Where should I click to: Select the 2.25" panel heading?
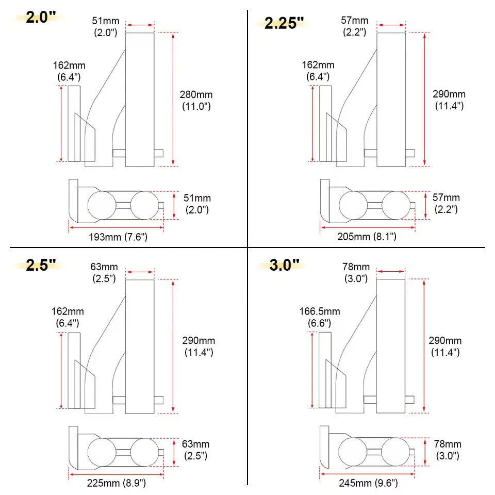[x=284, y=23]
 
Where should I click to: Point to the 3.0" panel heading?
[x=284, y=265]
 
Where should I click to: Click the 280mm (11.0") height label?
[x=196, y=101]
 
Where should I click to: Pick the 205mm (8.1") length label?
[x=367, y=237]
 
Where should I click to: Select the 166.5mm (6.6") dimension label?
[x=320, y=317]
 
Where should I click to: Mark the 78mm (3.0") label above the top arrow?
[x=356, y=272]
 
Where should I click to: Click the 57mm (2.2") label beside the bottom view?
[x=445, y=204]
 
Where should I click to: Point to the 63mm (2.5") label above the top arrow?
[x=105, y=272]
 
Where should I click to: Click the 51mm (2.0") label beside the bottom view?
[x=197, y=204]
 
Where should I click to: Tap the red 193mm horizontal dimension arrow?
[x=117, y=226]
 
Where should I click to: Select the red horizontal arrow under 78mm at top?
[x=390, y=271]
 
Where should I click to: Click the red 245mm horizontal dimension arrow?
[x=368, y=473]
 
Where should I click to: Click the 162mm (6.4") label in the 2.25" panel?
[x=318, y=71]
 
